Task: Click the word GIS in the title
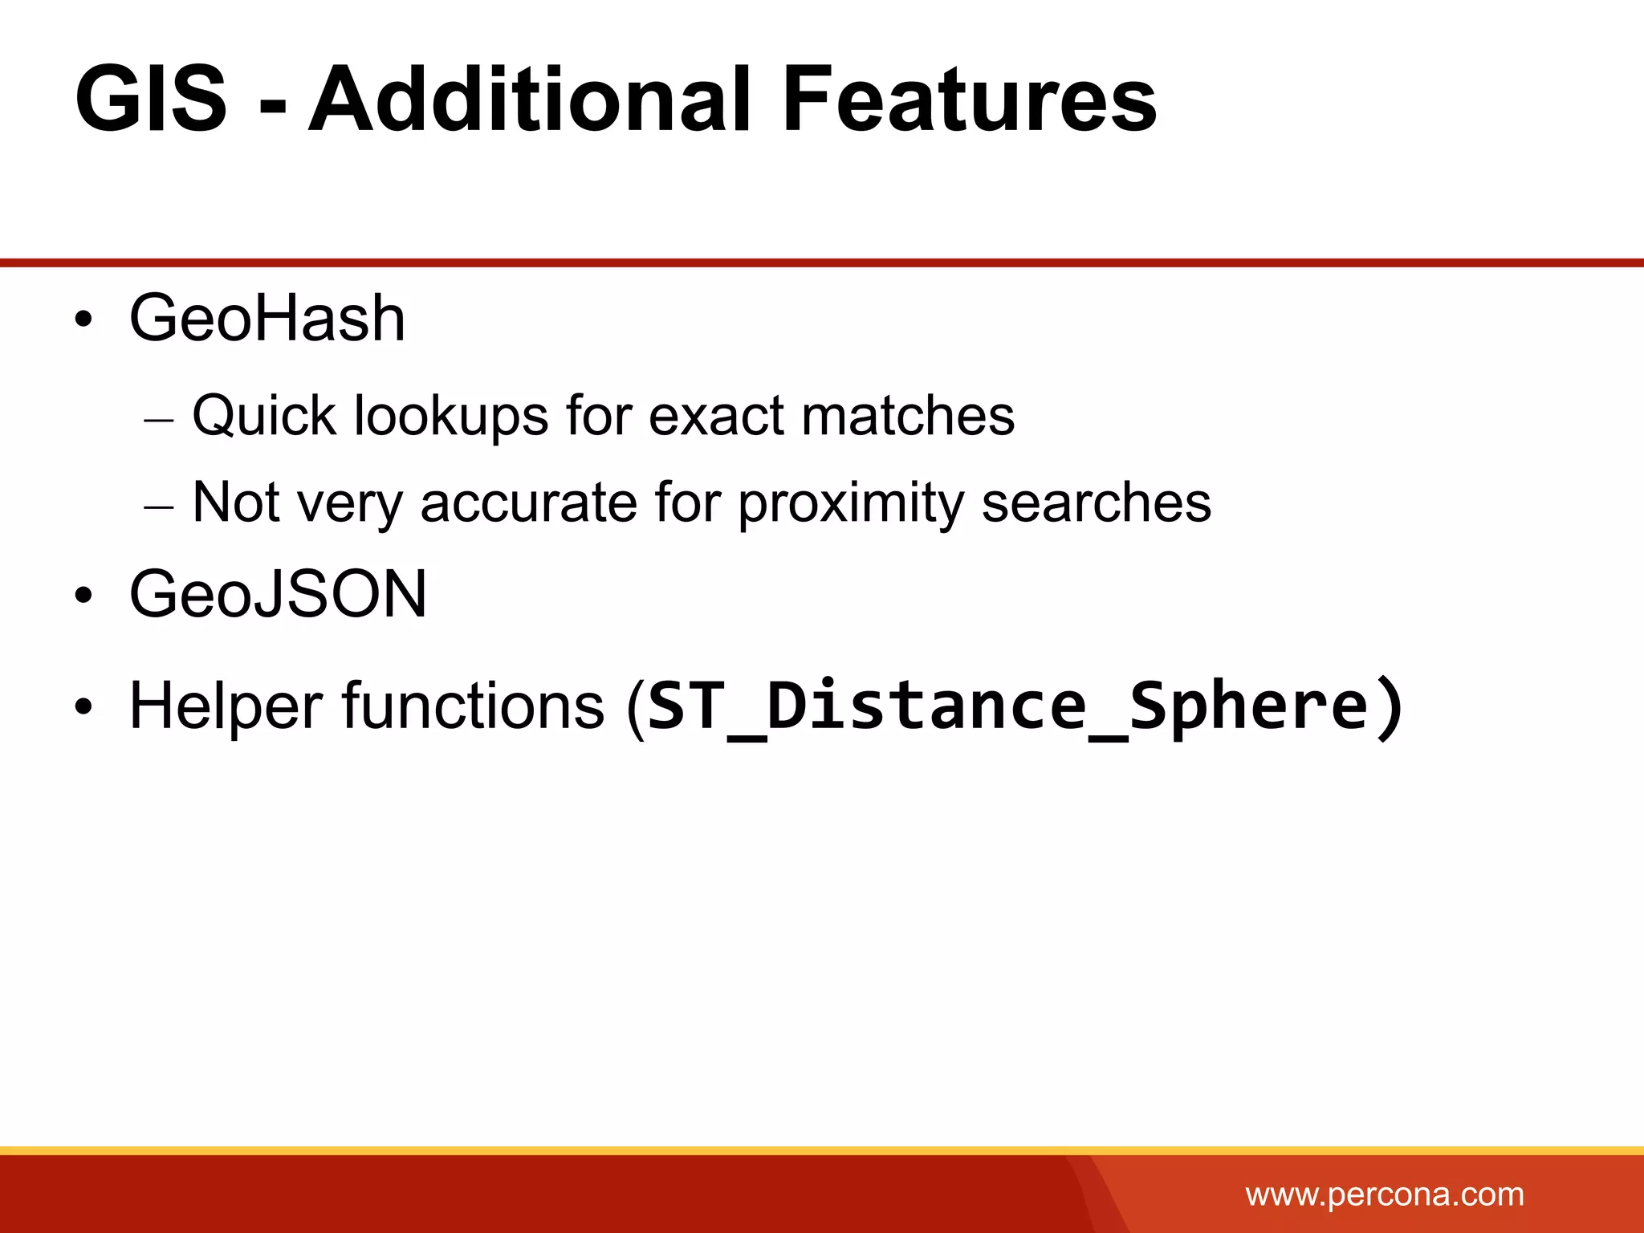coord(151,100)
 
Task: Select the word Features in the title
coord(968,100)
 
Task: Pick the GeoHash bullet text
coord(267,319)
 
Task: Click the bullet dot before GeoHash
coord(83,321)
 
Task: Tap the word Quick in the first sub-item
coord(264,416)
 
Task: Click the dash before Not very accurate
coord(159,507)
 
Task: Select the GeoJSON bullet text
coord(278,594)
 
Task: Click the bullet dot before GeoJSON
coord(83,596)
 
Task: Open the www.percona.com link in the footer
coord(1384,1194)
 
